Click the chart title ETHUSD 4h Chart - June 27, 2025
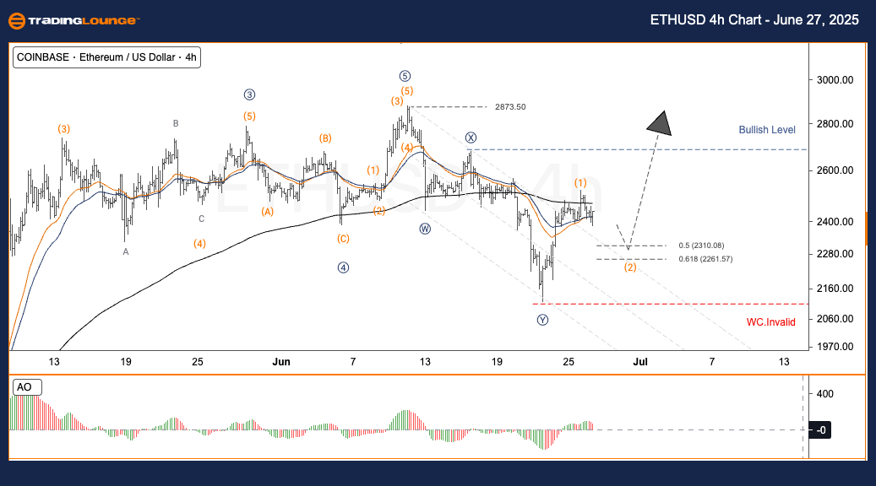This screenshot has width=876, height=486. (754, 20)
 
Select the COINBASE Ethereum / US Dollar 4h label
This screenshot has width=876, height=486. (106, 57)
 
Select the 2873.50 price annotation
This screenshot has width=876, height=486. (510, 107)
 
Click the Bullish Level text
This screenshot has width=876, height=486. (766, 130)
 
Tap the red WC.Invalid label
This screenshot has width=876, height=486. (770, 321)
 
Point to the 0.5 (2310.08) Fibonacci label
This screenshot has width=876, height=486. (701, 246)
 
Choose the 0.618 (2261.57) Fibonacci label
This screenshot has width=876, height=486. (705, 259)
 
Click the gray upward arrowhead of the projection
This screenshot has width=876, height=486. (661, 124)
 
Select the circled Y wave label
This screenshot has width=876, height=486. (542, 320)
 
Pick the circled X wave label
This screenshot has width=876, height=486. (471, 138)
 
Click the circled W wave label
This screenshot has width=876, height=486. (425, 228)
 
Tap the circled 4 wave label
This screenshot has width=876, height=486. (343, 267)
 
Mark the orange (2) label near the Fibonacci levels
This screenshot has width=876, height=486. (630, 267)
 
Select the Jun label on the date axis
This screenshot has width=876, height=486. (281, 361)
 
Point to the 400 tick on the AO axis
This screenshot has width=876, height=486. (824, 393)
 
